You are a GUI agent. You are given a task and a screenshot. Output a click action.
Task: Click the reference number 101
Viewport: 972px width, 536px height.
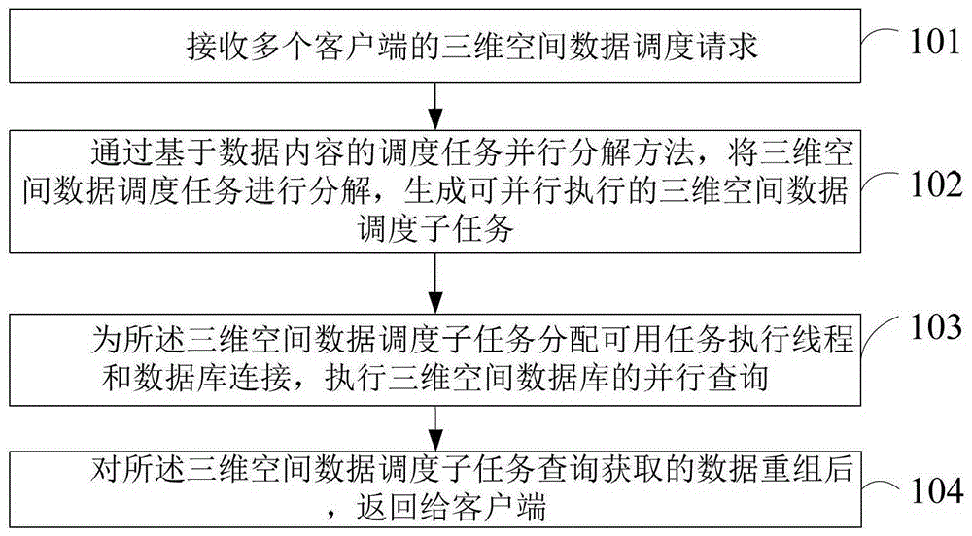[x=934, y=42]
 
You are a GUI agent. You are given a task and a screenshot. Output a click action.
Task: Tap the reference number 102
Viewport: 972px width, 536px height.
[x=935, y=184]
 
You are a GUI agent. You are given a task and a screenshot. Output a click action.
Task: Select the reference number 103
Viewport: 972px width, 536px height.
[x=935, y=326]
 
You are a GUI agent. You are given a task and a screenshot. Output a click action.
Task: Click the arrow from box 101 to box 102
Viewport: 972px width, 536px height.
[x=435, y=106]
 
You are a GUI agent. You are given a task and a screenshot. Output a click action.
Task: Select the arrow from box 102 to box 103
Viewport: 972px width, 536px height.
[x=435, y=284]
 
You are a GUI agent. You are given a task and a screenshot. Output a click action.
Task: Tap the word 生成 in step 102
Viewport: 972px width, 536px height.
[x=434, y=191]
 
